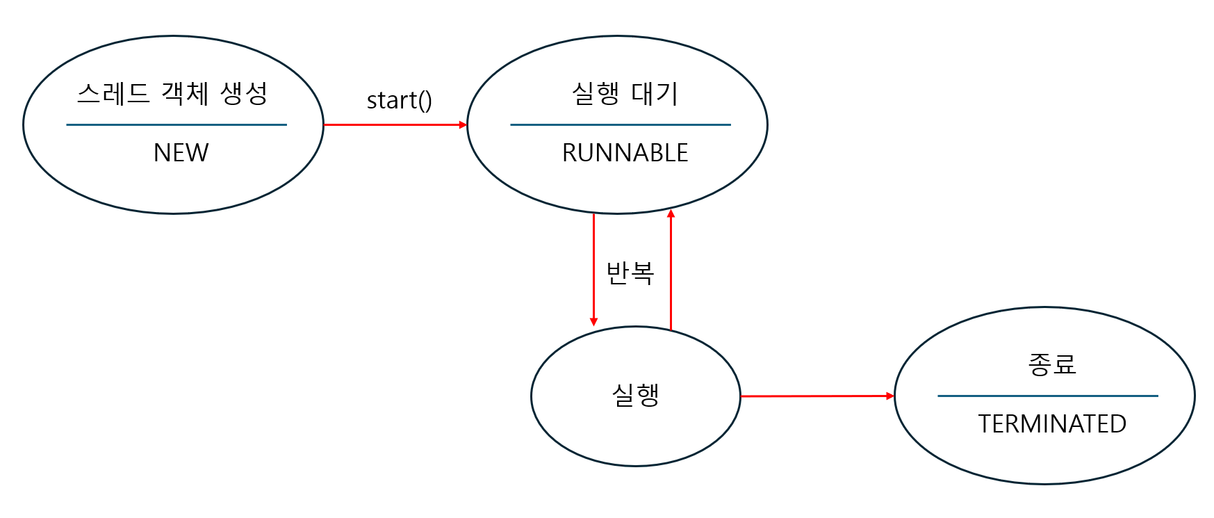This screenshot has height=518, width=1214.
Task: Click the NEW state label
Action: click(x=181, y=153)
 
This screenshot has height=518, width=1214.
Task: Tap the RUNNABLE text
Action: click(x=625, y=153)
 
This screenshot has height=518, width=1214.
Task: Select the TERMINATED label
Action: click(x=1052, y=424)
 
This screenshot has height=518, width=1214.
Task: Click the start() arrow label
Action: click(x=400, y=101)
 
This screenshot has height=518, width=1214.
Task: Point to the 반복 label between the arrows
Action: click(x=630, y=273)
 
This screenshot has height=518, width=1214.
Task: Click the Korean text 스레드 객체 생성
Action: click(x=172, y=93)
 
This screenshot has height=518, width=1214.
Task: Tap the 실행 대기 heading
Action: click(x=625, y=93)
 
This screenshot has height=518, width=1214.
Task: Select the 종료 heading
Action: click(x=1052, y=364)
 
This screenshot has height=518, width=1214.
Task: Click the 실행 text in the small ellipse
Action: click(x=635, y=395)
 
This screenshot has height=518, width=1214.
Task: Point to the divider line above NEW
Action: click(x=177, y=125)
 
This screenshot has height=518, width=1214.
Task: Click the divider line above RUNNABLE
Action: click(x=621, y=125)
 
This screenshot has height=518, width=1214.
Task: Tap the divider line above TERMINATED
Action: click(x=1048, y=396)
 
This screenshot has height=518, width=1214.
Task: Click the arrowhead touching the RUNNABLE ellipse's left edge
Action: click(x=464, y=125)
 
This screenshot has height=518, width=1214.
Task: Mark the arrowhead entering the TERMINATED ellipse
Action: click(x=890, y=396)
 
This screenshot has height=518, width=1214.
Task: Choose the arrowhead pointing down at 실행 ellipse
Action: click(x=593, y=322)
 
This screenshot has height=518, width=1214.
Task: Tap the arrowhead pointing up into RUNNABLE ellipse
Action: click(x=671, y=214)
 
